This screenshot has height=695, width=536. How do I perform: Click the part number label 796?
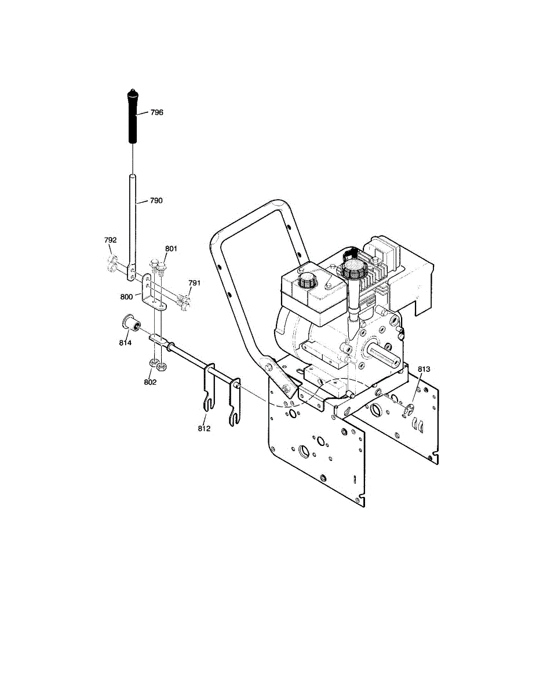coord(156,112)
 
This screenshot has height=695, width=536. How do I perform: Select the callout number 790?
coord(156,200)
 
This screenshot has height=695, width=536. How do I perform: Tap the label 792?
coord(110,239)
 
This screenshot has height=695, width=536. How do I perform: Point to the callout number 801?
coord(170,248)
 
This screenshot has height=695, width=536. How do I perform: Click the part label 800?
coord(127,296)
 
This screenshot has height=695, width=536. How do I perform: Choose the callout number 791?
coord(195,283)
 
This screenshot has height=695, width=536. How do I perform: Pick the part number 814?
coord(125,343)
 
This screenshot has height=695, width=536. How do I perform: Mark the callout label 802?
coord(150,382)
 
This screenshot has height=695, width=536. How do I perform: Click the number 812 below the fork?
coord(203,429)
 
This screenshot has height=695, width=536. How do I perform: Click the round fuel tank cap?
coord(304,283)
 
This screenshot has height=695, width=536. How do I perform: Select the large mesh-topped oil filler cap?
coord(353,269)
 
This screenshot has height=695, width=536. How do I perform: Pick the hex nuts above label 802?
coord(157,365)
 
